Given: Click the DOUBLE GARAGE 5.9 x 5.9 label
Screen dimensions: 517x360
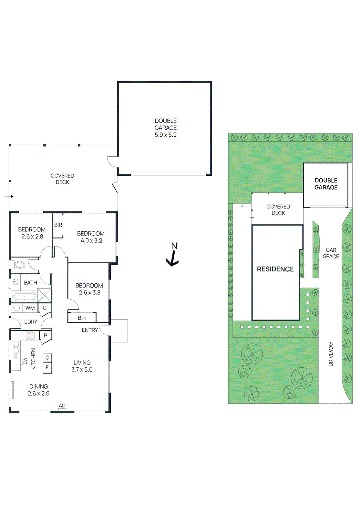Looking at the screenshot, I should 166,128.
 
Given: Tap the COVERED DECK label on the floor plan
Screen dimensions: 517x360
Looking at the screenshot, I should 62,179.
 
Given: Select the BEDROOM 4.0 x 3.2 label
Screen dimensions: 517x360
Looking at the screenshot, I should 91,237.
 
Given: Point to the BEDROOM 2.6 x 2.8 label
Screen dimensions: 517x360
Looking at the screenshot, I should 32,233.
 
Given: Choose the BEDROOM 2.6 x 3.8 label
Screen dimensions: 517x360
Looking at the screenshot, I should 89,289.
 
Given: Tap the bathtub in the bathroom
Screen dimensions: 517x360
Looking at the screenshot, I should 24,296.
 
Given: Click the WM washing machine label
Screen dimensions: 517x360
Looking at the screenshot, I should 30,308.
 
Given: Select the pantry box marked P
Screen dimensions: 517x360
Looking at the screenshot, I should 46,335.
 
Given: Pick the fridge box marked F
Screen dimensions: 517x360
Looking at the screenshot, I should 47,367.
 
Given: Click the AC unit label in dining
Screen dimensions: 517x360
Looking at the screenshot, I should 62,406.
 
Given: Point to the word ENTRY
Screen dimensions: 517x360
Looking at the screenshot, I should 90,330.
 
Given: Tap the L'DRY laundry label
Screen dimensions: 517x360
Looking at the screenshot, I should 31,322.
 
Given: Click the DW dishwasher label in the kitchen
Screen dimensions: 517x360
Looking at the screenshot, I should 25,361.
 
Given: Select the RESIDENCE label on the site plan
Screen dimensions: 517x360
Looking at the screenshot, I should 275,269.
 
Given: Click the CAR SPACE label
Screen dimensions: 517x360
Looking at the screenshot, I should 331,253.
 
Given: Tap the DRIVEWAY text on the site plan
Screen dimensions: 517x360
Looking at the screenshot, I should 331,354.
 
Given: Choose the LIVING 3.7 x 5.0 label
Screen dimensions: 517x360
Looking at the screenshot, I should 82,366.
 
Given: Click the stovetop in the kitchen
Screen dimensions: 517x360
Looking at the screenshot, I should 30,335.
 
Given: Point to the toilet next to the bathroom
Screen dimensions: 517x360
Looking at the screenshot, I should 19,265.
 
